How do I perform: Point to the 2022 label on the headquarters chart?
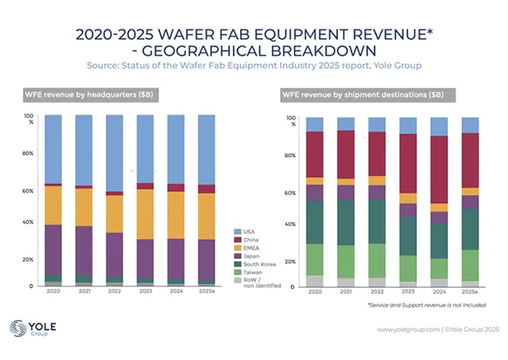coord(114,292)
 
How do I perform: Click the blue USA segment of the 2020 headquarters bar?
coord(53,148)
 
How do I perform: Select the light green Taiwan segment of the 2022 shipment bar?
coord(377,260)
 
